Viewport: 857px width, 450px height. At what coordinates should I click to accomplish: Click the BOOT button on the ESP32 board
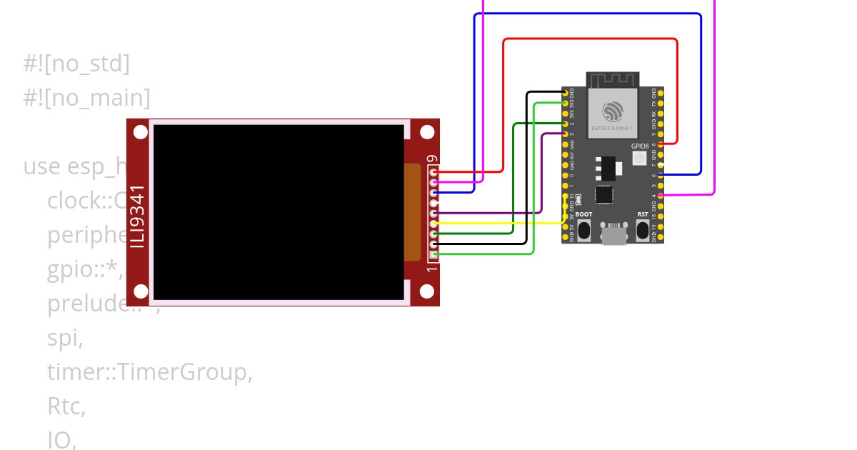[583, 230]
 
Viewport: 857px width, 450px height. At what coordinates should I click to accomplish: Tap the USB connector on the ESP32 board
[613, 234]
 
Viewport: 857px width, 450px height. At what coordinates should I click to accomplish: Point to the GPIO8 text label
[640, 146]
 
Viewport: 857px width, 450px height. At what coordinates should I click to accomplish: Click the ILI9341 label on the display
[138, 216]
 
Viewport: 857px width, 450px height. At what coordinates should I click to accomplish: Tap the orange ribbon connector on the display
[412, 212]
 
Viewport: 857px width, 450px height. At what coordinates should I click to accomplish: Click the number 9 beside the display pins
[432, 159]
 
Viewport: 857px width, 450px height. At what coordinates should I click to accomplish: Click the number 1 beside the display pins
[432, 268]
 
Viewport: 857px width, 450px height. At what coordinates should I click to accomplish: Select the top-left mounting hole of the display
[141, 132]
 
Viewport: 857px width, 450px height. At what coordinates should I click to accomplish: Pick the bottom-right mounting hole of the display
[427, 291]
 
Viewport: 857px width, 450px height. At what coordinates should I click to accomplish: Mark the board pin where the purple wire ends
[566, 134]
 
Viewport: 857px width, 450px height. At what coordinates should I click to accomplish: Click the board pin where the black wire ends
[566, 93]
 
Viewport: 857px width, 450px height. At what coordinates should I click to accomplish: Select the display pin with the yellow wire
[434, 224]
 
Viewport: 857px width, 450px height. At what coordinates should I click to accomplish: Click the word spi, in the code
[65, 339]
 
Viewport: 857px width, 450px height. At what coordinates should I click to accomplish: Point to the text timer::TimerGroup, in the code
[150, 372]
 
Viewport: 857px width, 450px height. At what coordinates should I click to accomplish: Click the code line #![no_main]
[86, 97]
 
